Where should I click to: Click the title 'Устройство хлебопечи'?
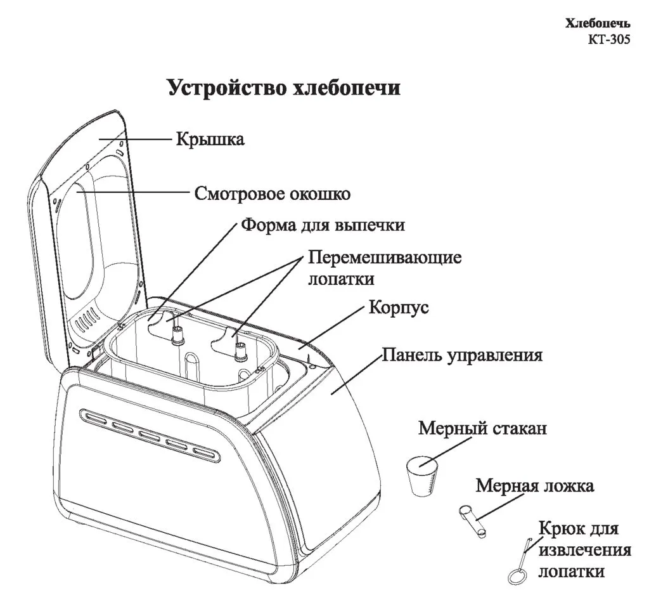(283, 88)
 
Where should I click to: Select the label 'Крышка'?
(210, 139)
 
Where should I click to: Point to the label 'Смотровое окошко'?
(272, 193)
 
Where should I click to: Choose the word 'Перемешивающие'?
(385, 258)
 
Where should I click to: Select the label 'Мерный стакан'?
(482, 428)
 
